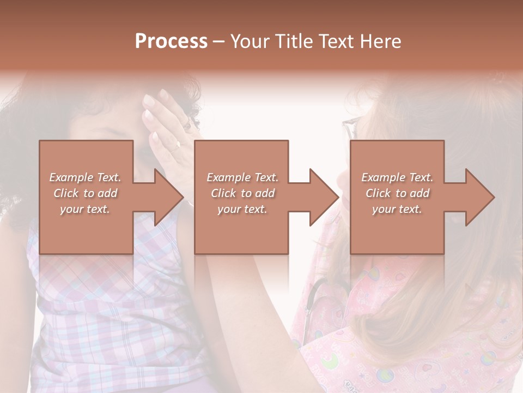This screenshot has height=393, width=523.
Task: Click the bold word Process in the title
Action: point(171,41)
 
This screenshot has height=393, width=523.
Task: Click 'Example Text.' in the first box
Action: point(86,177)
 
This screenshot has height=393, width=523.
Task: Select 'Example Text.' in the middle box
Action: point(242,177)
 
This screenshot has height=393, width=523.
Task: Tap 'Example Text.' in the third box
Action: point(397,177)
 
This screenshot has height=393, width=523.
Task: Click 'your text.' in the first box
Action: point(85,209)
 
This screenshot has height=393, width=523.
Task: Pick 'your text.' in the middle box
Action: point(242,209)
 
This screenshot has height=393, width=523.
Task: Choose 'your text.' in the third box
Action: point(397,209)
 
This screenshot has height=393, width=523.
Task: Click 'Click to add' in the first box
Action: point(86,193)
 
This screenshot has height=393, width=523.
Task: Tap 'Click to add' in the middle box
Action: point(242,193)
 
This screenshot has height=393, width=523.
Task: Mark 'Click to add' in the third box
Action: point(397,193)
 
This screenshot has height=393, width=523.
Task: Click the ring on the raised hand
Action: point(177,146)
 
